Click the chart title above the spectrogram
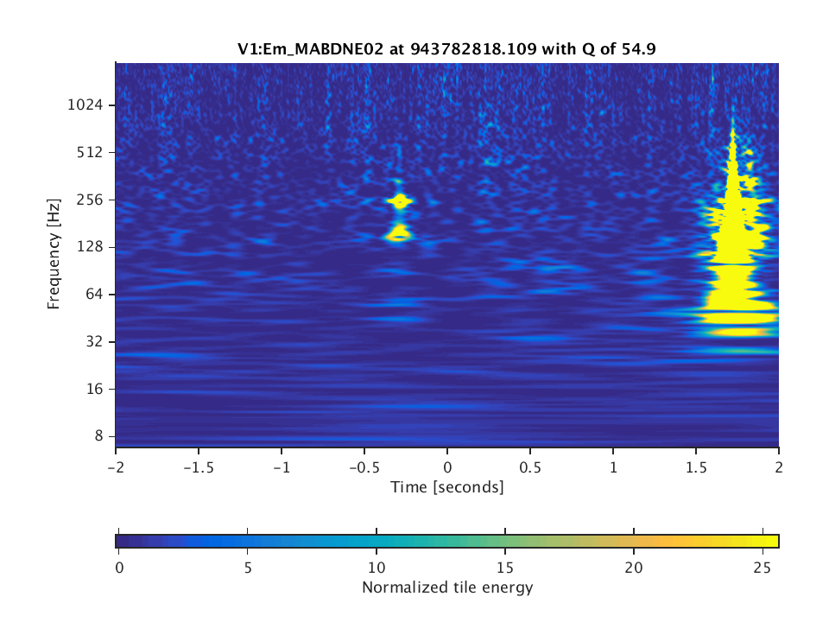(x=446, y=49)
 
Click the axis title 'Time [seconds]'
(x=446, y=487)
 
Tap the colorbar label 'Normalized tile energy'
(x=446, y=588)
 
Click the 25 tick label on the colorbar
(x=762, y=567)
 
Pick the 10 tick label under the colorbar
(x=376, y=567)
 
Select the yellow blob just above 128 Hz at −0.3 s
(x=399, y=232)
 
